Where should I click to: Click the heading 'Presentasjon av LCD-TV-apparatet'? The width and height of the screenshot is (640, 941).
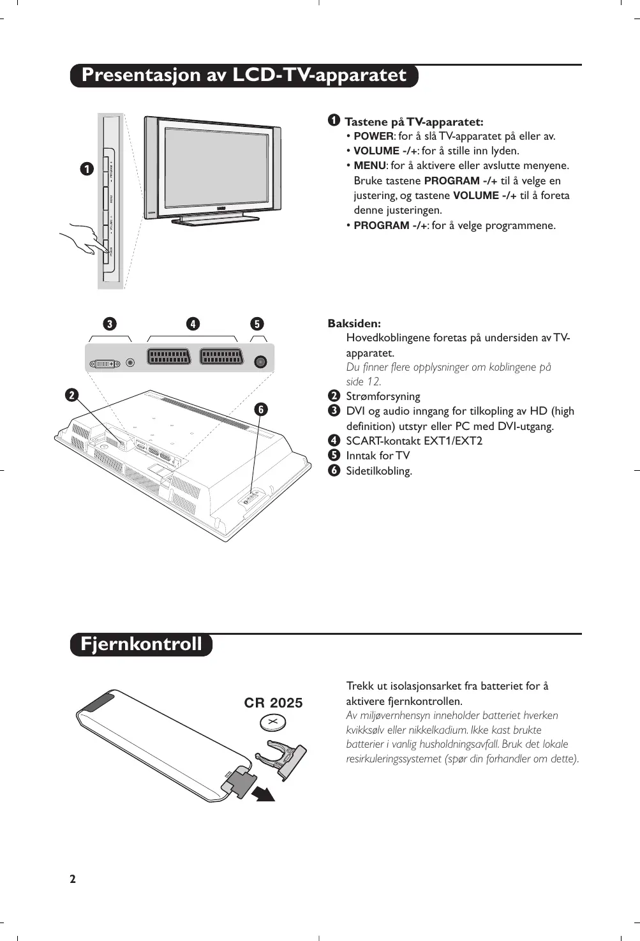244,75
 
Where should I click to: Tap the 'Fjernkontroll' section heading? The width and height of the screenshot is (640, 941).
141,644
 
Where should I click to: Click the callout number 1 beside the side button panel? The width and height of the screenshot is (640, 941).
86,169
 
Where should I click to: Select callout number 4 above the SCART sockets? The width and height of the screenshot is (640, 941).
192,324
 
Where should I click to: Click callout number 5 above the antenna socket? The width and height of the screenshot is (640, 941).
257,324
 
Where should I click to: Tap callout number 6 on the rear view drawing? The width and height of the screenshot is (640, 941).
260,410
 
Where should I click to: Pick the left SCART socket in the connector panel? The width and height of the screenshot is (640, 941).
169,357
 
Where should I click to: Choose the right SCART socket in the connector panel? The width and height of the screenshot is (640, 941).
221,357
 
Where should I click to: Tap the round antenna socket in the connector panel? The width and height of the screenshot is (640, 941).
260,362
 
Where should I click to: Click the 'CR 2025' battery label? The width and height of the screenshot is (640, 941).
273,703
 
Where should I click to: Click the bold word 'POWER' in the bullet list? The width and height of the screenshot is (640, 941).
374,137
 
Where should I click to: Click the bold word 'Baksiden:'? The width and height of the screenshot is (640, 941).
354,323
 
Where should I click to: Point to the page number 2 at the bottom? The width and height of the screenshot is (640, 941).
73,879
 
